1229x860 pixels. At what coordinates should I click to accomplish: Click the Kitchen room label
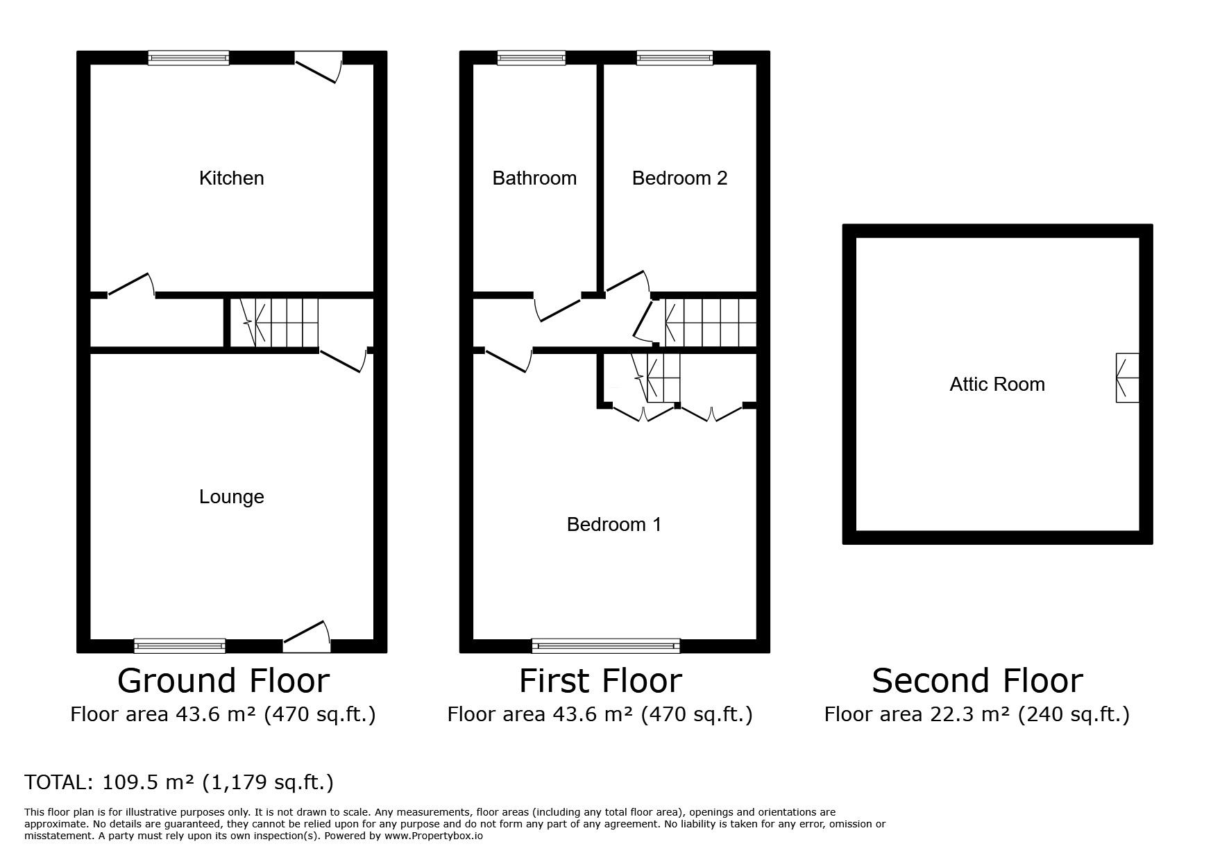pos(231,178)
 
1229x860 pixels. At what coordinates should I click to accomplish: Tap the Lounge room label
pos(231,497)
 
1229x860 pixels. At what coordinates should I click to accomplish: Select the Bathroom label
pos(534,178)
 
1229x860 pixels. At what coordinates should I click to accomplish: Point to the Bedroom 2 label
pos(679,178)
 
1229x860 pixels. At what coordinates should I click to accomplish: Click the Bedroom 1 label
pos(614,525)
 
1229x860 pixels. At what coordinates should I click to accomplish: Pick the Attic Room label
pos(997,385)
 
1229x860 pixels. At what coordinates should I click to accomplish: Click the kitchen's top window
pos(189,58)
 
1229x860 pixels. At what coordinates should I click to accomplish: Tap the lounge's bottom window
pos(180,646)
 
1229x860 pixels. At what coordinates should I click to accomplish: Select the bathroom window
pos(532,58)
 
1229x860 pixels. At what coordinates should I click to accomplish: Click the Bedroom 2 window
pos(675,58)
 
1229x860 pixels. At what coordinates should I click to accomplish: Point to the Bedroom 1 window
pos(606,646)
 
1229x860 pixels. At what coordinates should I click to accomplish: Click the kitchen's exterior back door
pos(319,67)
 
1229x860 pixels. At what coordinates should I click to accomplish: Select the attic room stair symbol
pos(1127,378)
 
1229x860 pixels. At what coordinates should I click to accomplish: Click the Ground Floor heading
pos(223,681)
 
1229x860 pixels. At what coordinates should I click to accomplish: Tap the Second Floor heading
pos(977,681)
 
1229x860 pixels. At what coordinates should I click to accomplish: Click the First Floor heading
pos(601,681)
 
